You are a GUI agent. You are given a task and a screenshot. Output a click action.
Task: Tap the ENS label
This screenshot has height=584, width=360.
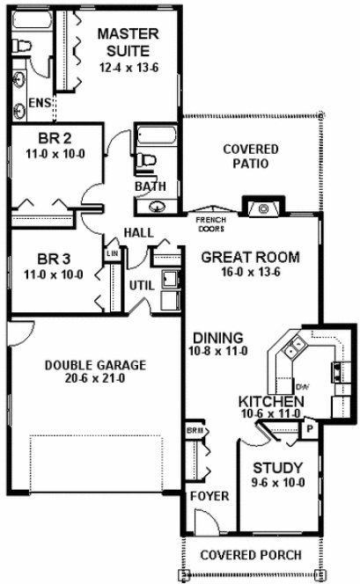click(x=39, y=103)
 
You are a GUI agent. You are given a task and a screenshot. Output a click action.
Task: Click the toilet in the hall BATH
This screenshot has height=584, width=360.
click(x=149, y=158)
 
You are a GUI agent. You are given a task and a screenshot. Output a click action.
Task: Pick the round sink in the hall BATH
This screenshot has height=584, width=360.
click(x=156, y=208)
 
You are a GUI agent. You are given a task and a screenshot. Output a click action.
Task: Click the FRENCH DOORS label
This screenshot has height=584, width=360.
click(x=209, y=224)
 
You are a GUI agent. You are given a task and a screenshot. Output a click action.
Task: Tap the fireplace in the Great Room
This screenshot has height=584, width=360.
click(x=262, y=208)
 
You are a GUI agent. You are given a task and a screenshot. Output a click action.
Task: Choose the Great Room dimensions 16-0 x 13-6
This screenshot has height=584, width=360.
click(x=249, y=272)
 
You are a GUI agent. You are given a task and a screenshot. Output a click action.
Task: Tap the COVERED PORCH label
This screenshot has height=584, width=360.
click(x=250, y=555)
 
